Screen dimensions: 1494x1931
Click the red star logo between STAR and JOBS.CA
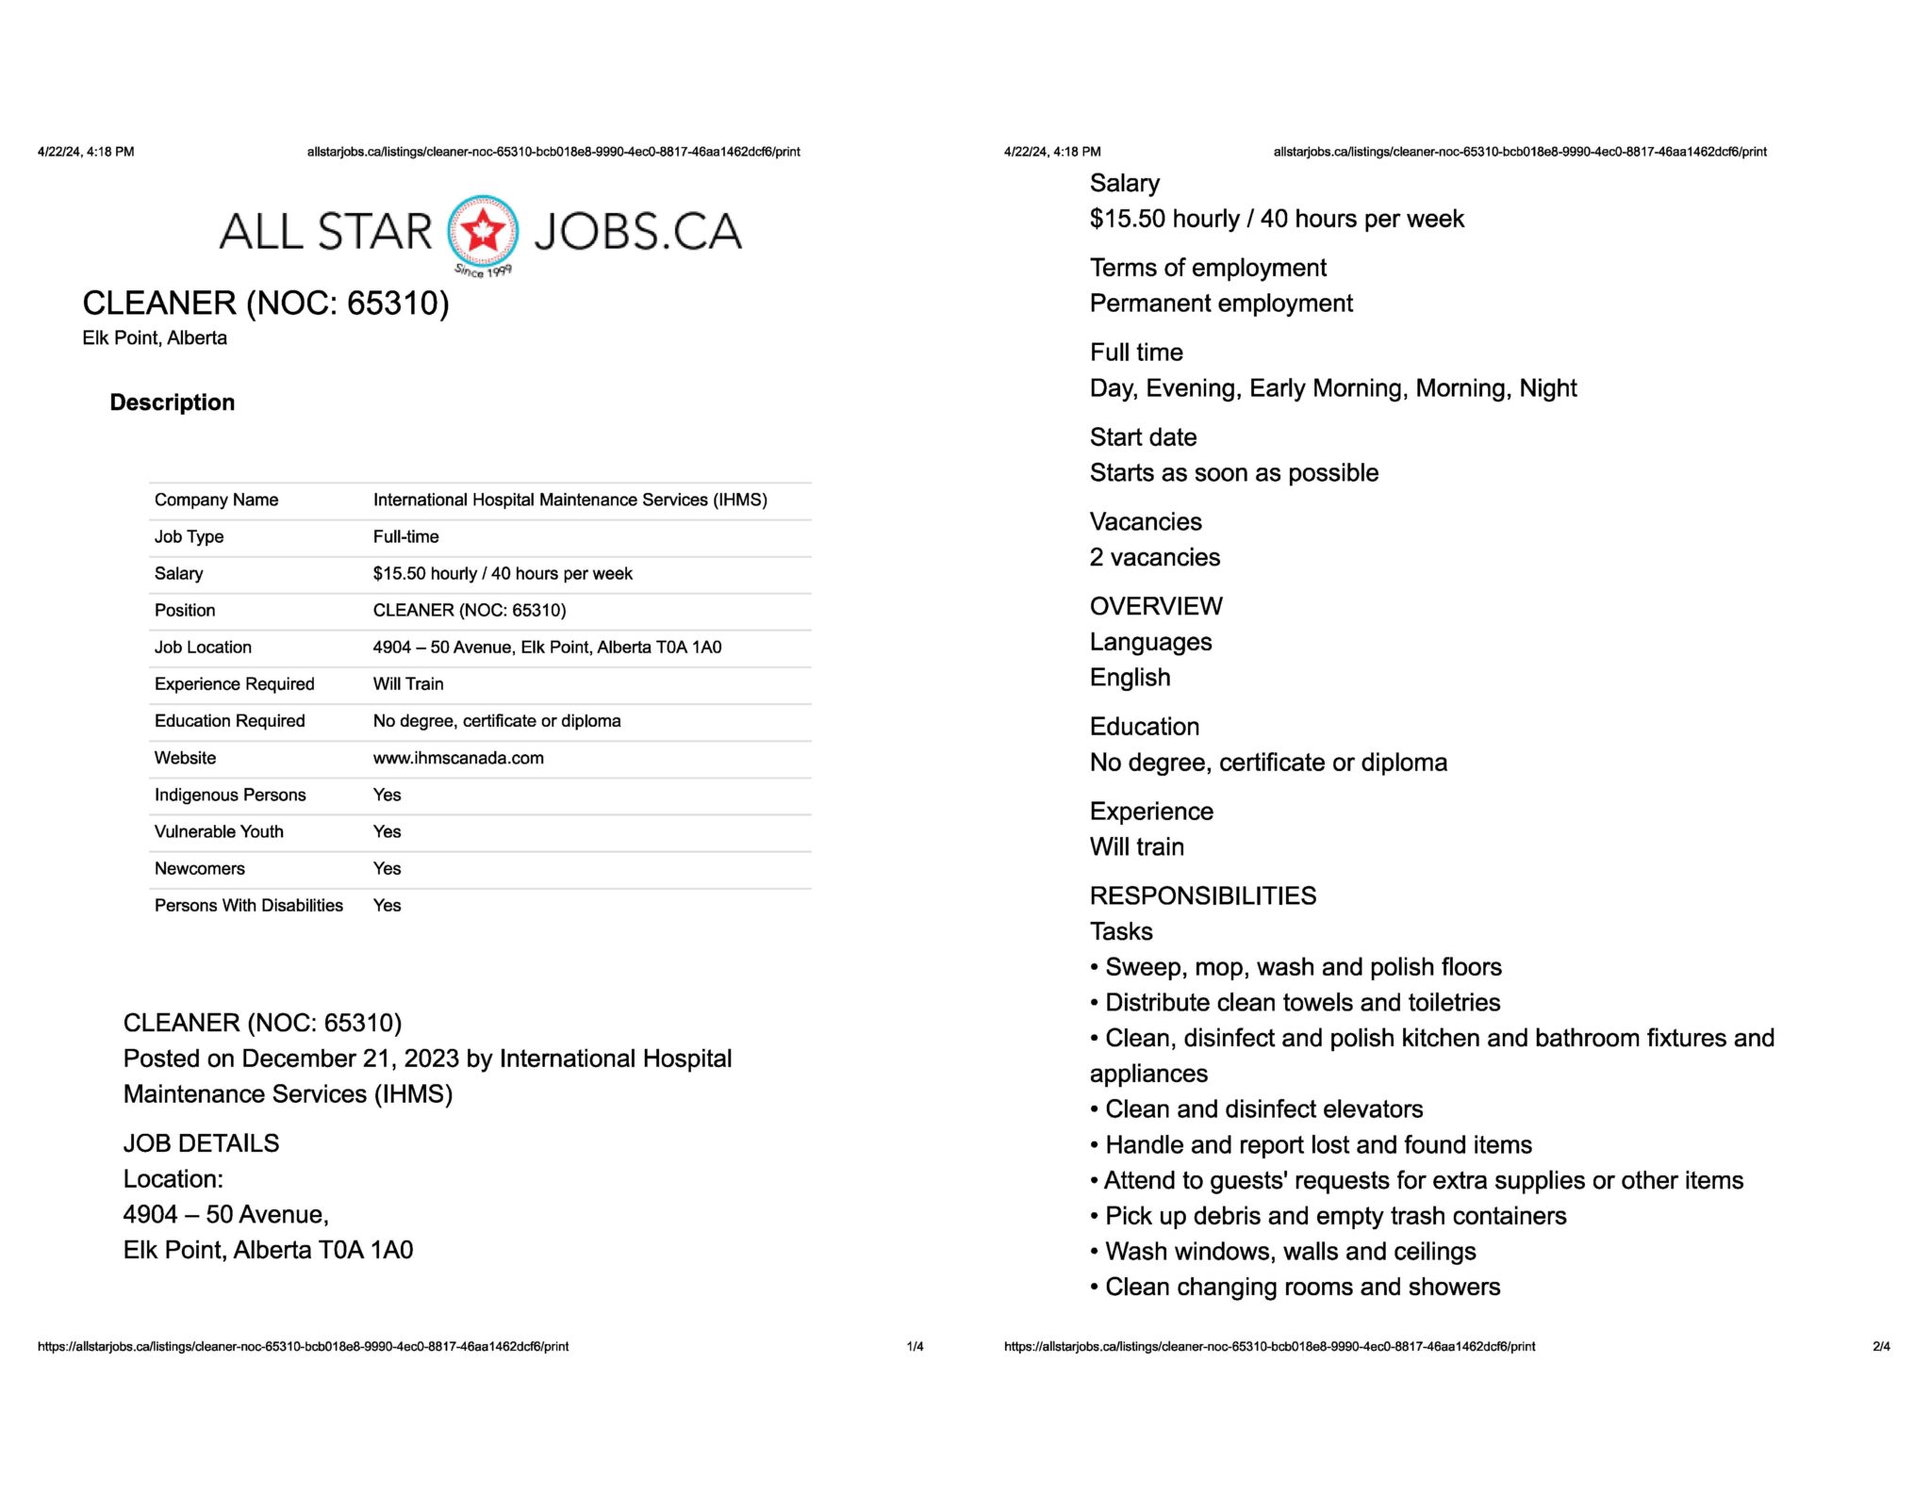coord(482,231)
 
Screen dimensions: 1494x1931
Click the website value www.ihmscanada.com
coord(458,758)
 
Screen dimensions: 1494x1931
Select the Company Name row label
coord(216,500)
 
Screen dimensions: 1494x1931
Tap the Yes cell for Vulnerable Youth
coord(387,831)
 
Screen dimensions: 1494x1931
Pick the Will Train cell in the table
coord(407,683)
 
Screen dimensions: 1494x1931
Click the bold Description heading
coord(172,402)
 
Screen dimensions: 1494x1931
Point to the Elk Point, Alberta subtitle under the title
coord(155,337)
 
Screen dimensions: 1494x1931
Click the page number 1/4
coord(915,1346)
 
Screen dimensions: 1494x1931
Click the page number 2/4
coord(1881,1346)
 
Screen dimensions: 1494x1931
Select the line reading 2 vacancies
coord(1154,557)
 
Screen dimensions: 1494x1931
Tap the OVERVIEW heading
coord(1156,606)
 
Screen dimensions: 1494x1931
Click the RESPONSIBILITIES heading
coord(1202,895)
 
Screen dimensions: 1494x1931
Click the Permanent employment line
coord(1221,303)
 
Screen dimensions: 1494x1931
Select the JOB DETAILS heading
coord(201,1143)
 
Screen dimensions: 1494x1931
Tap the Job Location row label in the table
coord(203,647)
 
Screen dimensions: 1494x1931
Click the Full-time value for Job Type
coord(405,536)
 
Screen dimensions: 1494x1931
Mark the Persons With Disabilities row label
coord(248,905)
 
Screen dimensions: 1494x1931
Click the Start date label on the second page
coord(1143,436)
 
